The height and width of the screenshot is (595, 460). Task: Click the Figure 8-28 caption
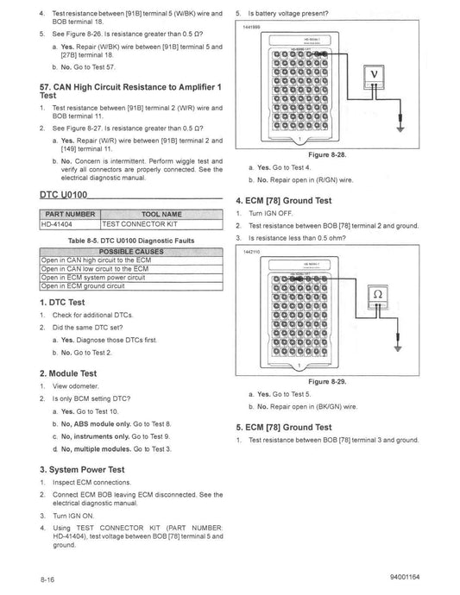click(327, 155)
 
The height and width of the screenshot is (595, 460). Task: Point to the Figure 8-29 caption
click(327, 380)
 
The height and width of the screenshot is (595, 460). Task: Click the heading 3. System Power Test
click(83, 470)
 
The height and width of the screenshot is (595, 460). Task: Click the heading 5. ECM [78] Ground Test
click(284, 427)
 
